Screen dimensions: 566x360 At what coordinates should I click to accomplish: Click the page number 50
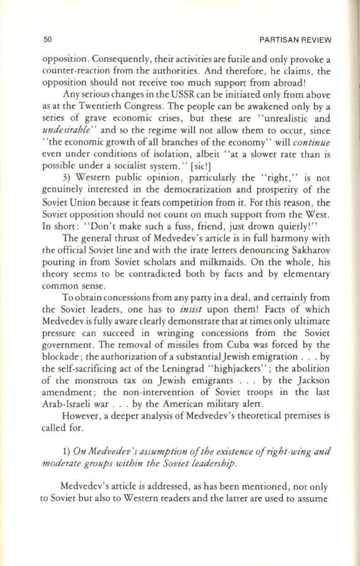click(x=46, y=40)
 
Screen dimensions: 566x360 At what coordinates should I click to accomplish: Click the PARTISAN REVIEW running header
click(x=294, y=40)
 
